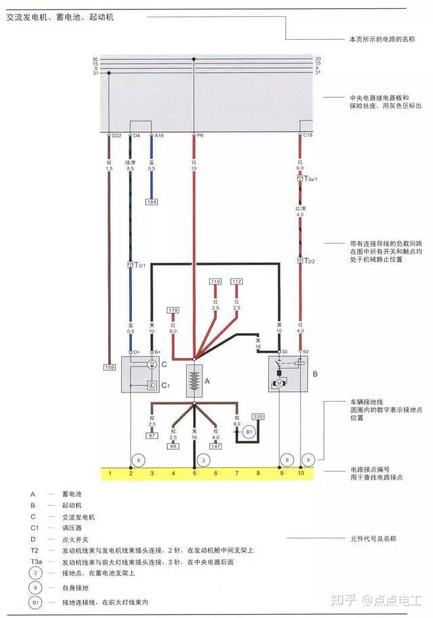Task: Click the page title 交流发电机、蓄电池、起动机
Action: [60, 17]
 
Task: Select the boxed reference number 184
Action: [151, 201]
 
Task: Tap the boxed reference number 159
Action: [109, 367]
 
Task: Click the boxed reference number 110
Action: [215, 281]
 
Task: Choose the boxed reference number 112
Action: [237, 281]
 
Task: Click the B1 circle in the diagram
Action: [248, 431]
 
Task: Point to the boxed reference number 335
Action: [258, 417]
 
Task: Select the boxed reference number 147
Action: [215, 446]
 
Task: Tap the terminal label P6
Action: [200, 136]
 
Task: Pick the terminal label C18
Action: [307, 136]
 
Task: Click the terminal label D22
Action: [116, 136]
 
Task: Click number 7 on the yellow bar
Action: [237, 474]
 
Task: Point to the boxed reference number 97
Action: [152, 436]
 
